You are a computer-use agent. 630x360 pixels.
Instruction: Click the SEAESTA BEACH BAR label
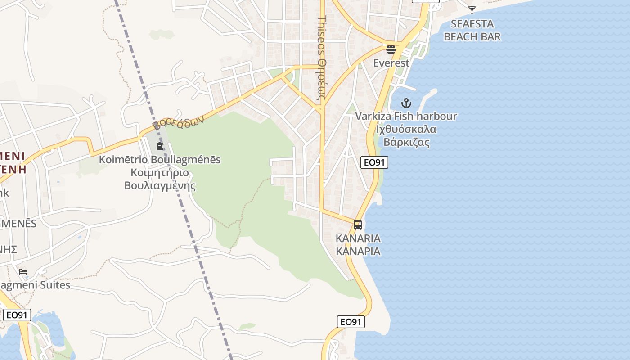pyautogui.click(x=472, y=30)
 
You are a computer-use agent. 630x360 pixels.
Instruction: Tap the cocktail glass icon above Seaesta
pyautogui.click(x=472, y=10)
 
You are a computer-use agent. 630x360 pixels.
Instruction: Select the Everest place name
pyautogui.click(x=391, y=63)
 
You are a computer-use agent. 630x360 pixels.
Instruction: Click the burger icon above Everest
pyautogui.click(x=391, y=49)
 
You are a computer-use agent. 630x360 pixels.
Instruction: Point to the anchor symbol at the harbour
pyautogui.click(x=406, y=103)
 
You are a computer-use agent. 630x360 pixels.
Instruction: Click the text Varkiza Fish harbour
pyautogui.click(x=406, y=116)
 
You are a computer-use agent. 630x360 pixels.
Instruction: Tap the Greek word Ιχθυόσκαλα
pyautogui.click(x=406, y=129)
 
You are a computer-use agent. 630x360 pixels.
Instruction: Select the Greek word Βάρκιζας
pyautogui.click(x=406, y=142)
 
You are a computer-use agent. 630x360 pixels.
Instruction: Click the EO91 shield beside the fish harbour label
pyautogui.click(x=374, y=162)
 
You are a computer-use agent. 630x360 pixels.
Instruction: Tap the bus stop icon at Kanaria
pyautogui.click(x=358, y=225)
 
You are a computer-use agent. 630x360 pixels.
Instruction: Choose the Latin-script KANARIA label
pyautogui.click(x=358, y=238)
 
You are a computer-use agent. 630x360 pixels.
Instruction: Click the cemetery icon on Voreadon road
pyautogui.click(x=160, y=146)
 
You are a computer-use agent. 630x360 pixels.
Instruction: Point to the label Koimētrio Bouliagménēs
pyautogui.click(x=160, y=160)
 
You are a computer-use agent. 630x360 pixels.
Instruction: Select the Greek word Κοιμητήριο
pyautogui.click(x=160, y=173)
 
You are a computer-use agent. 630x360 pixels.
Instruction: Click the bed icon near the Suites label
pyautogui.click(x=23, y=272)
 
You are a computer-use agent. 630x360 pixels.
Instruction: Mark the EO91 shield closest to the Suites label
pyautogui.click(x=17, y=315)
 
